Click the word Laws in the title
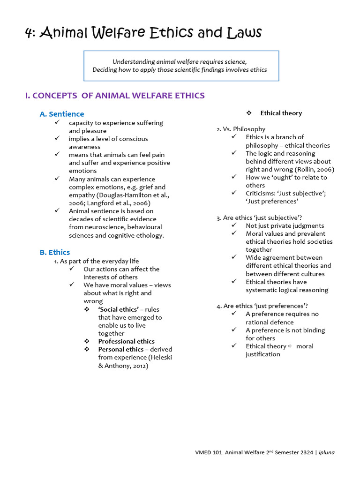pos(244,33)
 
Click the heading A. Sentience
pos(61,114)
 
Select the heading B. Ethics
pos(54,252)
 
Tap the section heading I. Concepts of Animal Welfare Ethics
pos(115,96)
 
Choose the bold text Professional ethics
pos(126,341)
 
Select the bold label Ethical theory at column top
pos(281,113)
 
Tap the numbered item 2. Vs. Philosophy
pos(240,129)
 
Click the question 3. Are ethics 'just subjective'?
pos(259,217)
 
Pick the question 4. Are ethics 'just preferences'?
pos(262,306)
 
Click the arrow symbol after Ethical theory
pos(290,346)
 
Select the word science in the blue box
pos(234,62)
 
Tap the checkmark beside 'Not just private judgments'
pos(234,225)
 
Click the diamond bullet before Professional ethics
pos(87,341)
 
